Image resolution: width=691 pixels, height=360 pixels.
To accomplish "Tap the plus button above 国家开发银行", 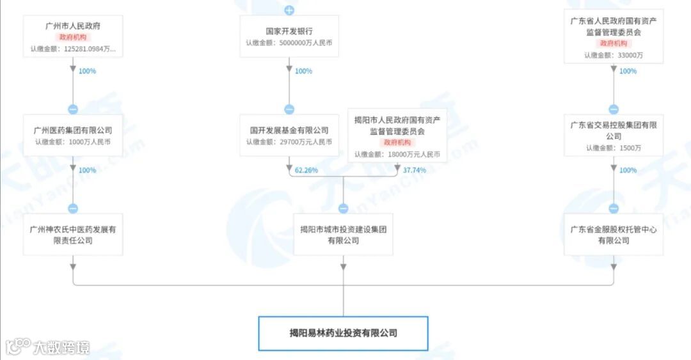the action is coord(289,10).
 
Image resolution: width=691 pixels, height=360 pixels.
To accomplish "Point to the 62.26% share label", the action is coord(306,171).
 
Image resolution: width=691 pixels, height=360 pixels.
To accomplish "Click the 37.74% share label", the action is coord(415,171).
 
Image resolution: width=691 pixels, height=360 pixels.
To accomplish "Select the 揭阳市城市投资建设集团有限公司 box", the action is coord(344,235).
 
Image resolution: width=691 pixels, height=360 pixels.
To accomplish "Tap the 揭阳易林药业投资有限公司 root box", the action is coord(343,333).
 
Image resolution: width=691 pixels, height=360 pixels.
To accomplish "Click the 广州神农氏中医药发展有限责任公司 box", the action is coord(73,235).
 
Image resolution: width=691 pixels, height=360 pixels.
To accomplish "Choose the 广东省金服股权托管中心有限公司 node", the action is coord(614,235).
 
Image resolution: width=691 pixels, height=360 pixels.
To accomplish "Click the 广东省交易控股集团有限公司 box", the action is coord(614,131).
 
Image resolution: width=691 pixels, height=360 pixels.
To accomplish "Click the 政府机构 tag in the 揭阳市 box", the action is coord(397,143).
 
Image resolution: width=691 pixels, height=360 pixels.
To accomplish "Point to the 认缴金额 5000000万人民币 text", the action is coord(289,43).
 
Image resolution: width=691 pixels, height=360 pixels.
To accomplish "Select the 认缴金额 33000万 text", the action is coord(614,56).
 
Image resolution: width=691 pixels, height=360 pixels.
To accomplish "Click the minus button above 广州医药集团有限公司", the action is coord(73,109).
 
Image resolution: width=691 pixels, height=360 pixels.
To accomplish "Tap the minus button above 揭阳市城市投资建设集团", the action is coord(344,208).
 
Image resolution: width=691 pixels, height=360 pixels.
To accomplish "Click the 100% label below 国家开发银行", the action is coord(303,71).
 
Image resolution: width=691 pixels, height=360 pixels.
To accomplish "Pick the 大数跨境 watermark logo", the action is coord(48,347).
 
